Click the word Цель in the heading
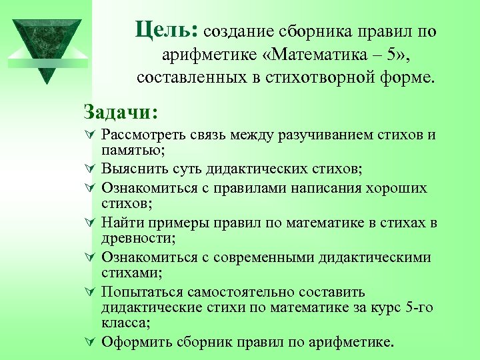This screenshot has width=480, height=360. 163,29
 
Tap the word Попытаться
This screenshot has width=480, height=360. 141,292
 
